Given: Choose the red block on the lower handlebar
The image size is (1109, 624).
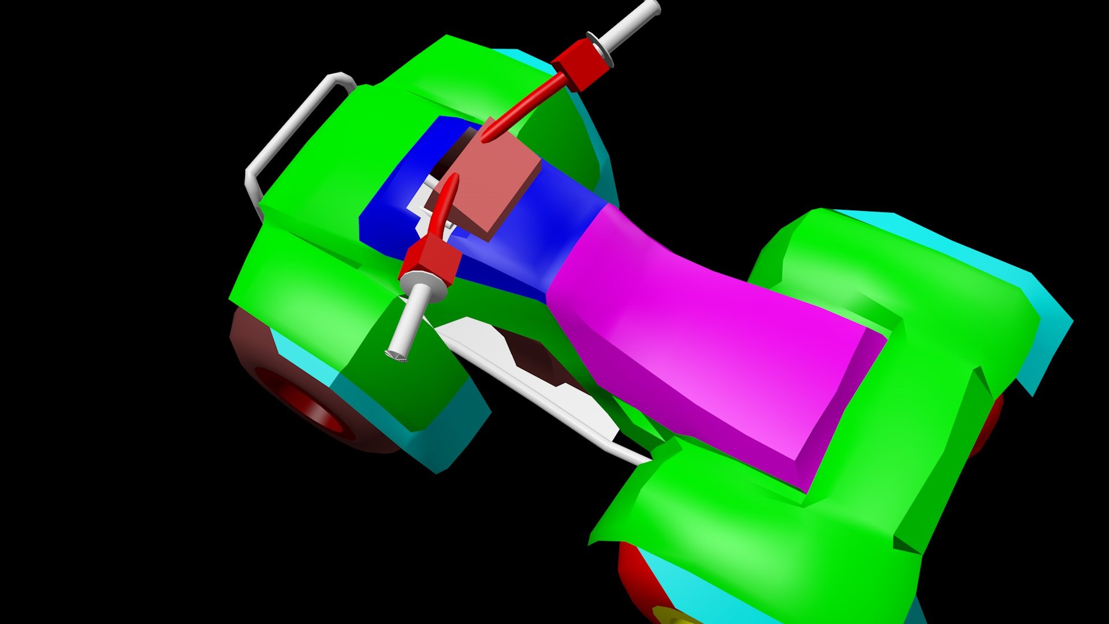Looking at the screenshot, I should tap(430, 260).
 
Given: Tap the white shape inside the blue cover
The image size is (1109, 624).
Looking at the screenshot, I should tap(419, 202).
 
